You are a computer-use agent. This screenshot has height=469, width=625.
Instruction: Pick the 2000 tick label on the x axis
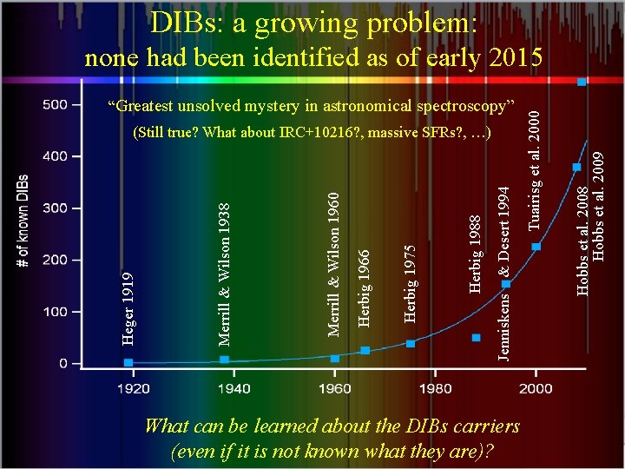tap(536, 388)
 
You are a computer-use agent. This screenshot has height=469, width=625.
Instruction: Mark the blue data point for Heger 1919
tap(128, 362)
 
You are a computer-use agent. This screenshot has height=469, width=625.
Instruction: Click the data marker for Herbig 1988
tap(476, 337)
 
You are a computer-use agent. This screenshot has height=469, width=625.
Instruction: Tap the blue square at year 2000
tap(536, 247)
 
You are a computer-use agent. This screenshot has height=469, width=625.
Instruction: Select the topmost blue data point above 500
tap(582, 82)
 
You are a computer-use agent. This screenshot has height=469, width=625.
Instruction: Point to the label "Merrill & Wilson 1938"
tap(225, 271)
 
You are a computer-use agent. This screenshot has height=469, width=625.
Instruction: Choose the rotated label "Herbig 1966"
tap(365, 288)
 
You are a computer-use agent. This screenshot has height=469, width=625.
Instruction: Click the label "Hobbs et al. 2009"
tap(598, 206)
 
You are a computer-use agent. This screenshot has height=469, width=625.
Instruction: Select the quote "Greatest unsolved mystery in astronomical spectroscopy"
tap(312, 107)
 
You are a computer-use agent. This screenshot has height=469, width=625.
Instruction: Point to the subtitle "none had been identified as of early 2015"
tap(313, 58)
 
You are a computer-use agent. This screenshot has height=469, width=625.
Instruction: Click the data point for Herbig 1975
tap(411, 344)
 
